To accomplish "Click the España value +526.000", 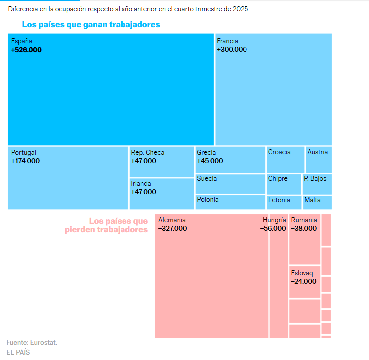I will (26, 50).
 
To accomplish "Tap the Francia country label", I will (227, 41).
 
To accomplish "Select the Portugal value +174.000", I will (25, 161).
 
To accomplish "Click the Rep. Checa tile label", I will (147, 153).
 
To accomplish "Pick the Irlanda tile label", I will (141, 184).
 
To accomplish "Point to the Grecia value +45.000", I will (210, 161).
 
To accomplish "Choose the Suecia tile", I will (230, 184).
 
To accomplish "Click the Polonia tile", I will (230, 202).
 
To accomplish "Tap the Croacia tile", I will (285, 159).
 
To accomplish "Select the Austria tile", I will (319, 159).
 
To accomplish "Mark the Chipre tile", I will (284, 184).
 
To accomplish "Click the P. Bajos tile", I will (317, 184).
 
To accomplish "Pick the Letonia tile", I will (284, 202).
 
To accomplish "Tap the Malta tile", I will (317, 202).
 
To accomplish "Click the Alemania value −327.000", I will (172, 229).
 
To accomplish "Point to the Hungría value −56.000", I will (273, 229).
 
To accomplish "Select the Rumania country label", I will (304, 220).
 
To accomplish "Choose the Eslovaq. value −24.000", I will (304, 282).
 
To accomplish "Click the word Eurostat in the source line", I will (44, 343).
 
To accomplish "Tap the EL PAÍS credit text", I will (18, 352).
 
